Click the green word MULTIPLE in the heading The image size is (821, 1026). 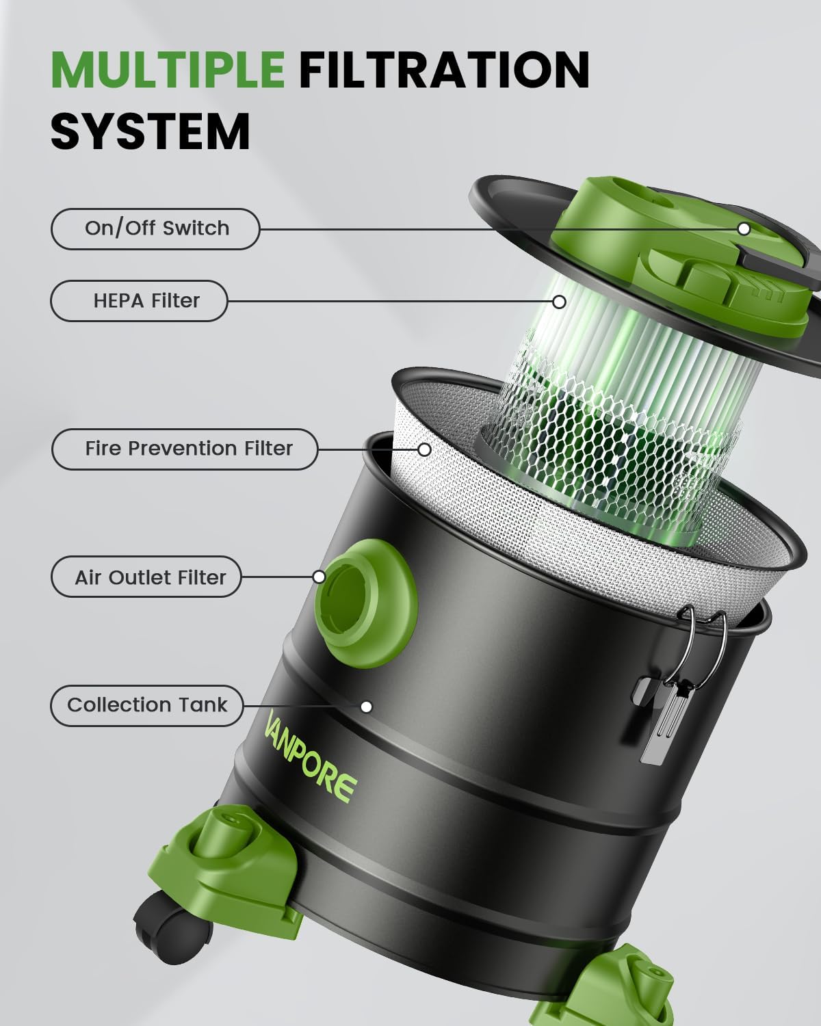tap(168, 68)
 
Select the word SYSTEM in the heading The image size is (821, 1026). tap(151, 131)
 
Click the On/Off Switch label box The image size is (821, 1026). tap(155, 228)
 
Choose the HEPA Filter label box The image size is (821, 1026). tap(139, 301)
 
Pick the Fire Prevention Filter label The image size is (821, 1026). tap(185, 449)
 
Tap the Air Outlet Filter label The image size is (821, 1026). tap(146, 577)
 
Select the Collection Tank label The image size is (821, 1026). tap(146, 705)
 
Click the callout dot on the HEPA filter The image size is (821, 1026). tap(560, 301)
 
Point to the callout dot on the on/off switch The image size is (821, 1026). tap(744, 228)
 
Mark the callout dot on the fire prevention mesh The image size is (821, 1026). tap(424, 449)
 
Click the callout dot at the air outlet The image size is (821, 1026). tap(319, 577)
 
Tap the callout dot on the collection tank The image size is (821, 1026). tap(367, 707)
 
